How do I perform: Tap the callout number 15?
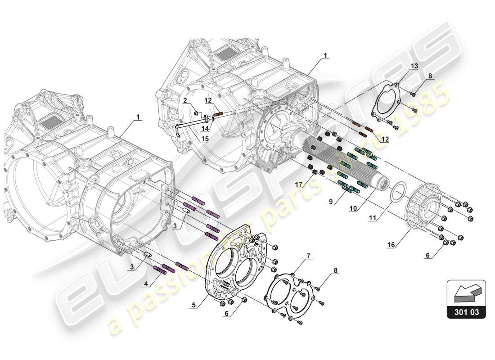pos(205,139)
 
